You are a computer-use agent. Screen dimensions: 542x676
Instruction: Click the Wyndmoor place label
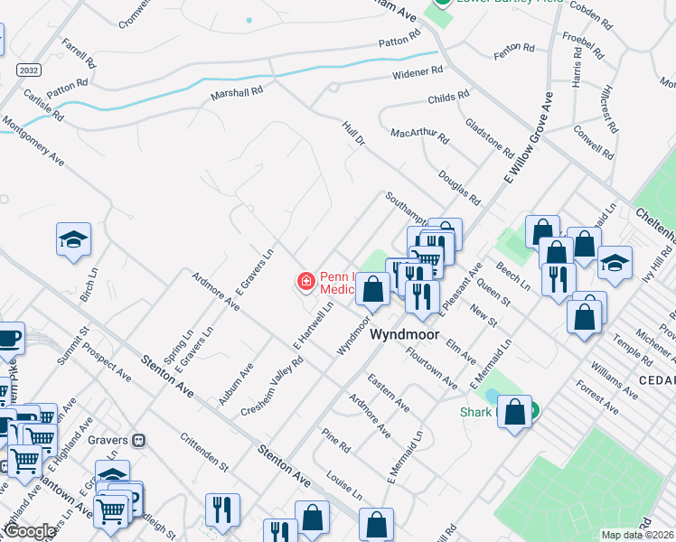(x=406, y=334)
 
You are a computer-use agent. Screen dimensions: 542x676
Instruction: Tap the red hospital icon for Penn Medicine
(x=306, y=283)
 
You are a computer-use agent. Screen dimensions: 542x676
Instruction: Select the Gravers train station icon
(x=138, y=441)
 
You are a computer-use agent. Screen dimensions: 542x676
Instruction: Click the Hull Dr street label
(x=353, y=134)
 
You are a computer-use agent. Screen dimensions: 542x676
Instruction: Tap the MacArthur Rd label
(x=419, y=135)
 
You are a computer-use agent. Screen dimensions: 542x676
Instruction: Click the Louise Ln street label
(x=344, y=485)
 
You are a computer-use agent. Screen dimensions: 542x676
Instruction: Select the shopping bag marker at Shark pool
(x=515, y=413)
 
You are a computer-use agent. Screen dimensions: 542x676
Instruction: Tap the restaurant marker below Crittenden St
(x=222, y=509)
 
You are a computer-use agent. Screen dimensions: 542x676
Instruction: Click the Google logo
(x=31, y=531)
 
